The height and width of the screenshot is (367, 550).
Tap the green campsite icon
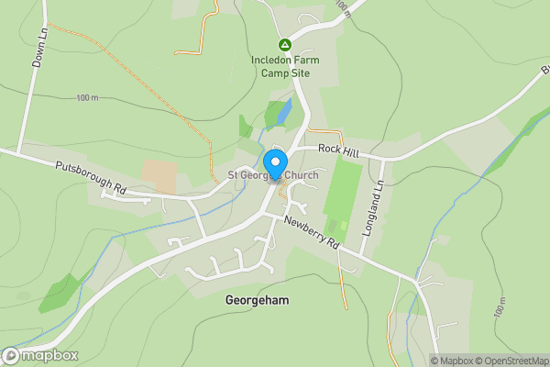[x=284, y=44]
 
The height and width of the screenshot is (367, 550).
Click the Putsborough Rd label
[x=90, y=176]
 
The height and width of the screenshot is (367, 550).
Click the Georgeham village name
[x=256, y=300]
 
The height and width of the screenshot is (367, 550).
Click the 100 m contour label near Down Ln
[x=87, y=98]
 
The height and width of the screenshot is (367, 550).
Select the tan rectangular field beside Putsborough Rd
[x=159, y=177]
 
